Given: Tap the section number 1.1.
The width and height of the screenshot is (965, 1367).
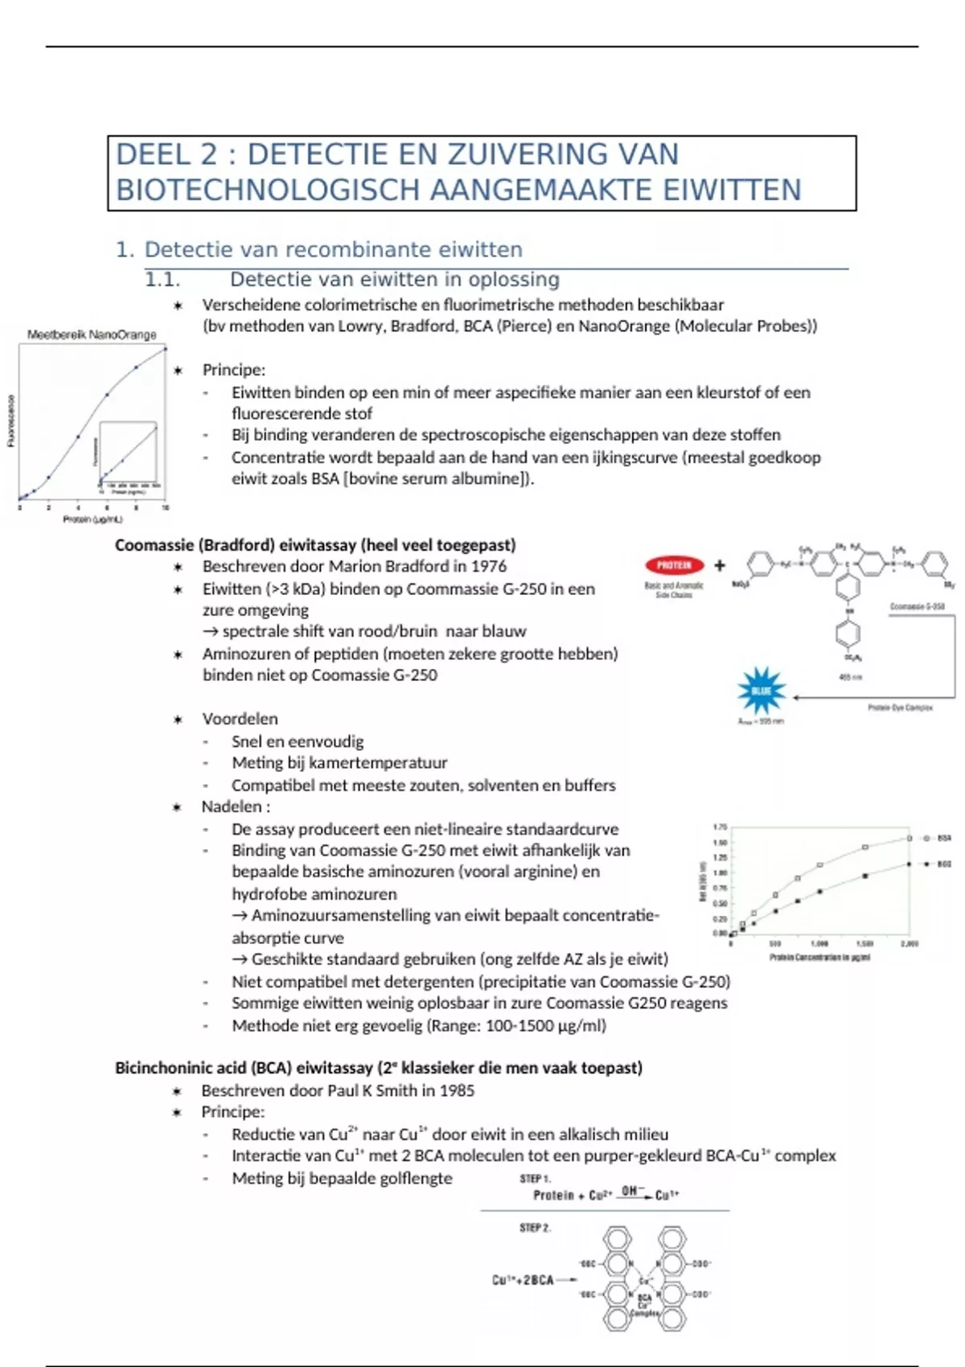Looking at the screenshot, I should pos(162,280).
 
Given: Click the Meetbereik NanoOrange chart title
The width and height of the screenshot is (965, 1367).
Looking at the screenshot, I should pos(92,335).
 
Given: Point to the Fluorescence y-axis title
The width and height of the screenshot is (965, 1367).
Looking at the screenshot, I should pos(10,420).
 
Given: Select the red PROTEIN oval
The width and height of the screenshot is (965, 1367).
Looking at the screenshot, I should pos(674,565).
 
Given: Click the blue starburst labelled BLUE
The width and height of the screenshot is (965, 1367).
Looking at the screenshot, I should pos(761,691).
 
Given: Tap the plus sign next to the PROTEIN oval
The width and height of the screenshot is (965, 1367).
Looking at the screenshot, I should pos(720,565).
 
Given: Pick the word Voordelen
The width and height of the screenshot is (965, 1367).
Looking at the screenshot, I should pos(240,719).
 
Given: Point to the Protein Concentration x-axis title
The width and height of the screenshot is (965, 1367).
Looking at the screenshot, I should pos(819,958).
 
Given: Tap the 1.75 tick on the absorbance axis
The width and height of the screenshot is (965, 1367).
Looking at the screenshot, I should pos(720,827).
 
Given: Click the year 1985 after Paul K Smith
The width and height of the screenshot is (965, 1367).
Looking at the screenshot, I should pos(457,1091).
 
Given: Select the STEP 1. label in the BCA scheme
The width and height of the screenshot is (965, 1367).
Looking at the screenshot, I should pos(535,1179).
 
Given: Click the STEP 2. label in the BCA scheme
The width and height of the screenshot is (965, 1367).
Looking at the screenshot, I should pos(535,1228).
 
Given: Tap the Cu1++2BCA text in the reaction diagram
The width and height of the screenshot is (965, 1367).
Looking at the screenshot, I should pos(523,1280).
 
